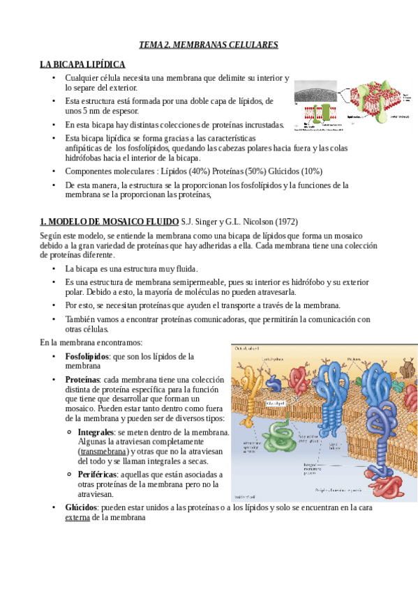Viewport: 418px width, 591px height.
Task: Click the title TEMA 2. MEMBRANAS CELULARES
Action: click(209, 45)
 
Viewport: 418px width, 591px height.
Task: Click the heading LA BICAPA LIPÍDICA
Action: click(82, 64)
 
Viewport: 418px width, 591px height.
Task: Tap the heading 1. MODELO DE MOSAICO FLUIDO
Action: click(108, 222)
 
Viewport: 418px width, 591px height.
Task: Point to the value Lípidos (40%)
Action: click(188, 171)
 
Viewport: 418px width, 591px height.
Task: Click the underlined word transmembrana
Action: click(108, 452)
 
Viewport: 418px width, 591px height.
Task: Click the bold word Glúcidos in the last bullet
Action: click(80, 508)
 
